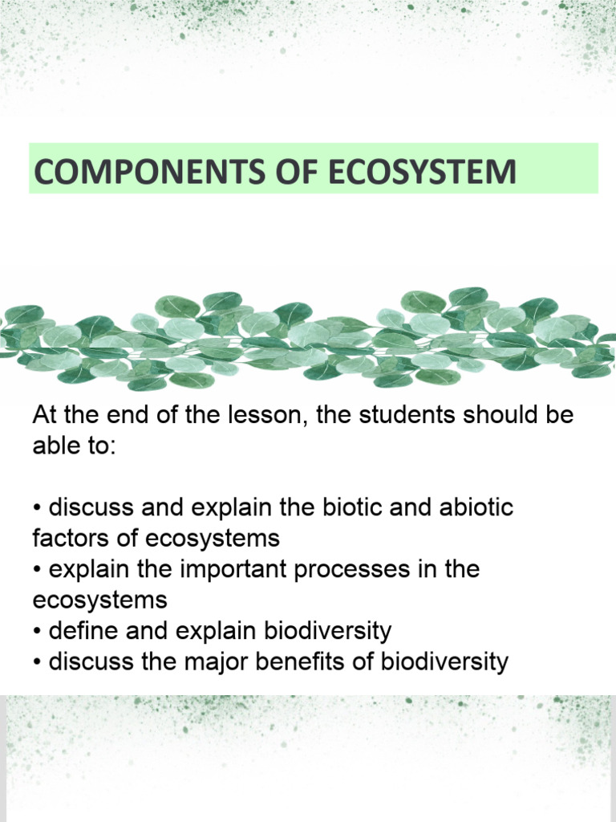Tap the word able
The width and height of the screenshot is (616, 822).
click(55, 446)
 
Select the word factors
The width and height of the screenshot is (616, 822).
click(67, 537)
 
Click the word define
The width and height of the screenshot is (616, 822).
click(83, 631)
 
